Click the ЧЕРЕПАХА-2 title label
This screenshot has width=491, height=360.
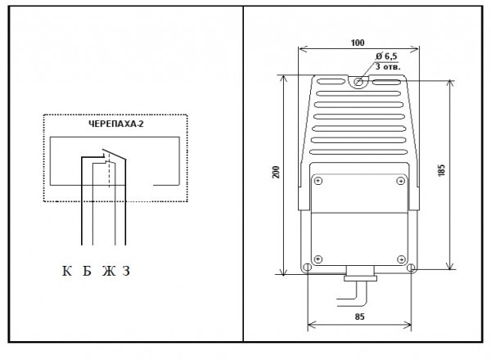click(x=116, y=124)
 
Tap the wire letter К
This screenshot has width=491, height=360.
click(x=67, y=271)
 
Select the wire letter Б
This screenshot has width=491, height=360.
click(x=87, y=271)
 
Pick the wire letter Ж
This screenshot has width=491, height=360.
click(x=109, y=271)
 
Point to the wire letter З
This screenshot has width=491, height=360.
click(x=126, y=271)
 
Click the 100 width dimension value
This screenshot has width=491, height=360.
click(x=358, y=43)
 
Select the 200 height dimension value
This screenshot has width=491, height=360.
click(x=276, y=172)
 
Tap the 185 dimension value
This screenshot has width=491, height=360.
click(x=441, y=170)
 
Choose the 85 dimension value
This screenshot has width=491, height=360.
click(x=360, y=317)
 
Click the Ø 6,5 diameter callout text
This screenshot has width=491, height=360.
click(x=386, y=56)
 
